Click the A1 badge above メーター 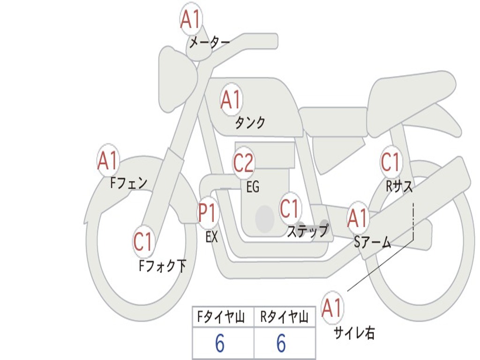pos(191,19)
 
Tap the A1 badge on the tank pos(232,99)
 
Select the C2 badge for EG pos(244,163)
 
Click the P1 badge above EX pos(208,212)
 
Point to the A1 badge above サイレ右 pos(332,307)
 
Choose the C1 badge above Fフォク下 pos(143,241)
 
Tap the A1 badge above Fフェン pos(108,160)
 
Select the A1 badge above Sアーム pos(358,217)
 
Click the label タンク pos(250,122)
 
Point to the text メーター pos(210,42)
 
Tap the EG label pos(253,187)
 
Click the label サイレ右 pos(354,332)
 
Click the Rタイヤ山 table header pos(284,317)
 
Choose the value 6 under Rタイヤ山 pos(281,343)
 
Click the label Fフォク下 pos(163,266)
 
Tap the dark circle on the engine pos(265,218)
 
